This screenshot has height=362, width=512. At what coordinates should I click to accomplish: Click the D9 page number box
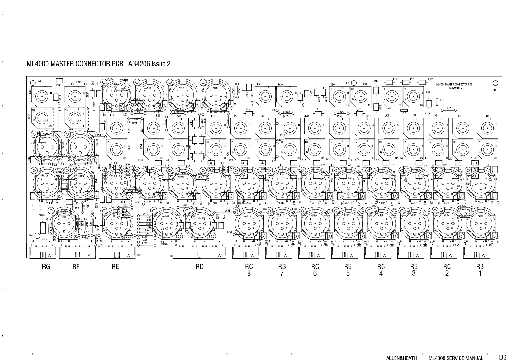click(503, 358)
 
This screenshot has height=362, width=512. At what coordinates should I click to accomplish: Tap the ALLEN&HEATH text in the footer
click(401, 358)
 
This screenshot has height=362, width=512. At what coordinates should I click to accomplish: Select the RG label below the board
click(46, 267)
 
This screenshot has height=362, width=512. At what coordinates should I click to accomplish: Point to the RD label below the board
click(199, 267)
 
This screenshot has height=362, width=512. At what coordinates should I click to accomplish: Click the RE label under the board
click(115, 267)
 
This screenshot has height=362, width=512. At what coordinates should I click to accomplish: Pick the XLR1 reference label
click(480, 215)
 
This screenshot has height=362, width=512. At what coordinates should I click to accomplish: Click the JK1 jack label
click(487, 116)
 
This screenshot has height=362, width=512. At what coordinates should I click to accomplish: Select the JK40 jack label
click(259, 84)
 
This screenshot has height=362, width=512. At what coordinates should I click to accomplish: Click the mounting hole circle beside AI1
click(495, 83)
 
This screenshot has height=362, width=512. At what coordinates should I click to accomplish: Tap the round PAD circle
click(38, 236)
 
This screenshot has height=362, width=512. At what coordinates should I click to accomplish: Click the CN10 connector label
click(138, 255)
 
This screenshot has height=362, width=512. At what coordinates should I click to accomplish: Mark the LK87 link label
click(448, 108)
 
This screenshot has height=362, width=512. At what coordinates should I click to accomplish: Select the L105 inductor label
click(58, 85)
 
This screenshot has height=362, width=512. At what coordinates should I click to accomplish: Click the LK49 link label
click(79, 82)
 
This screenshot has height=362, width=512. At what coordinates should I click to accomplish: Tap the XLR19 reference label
click(248, 216)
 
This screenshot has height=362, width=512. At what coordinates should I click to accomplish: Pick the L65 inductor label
click(318, 110)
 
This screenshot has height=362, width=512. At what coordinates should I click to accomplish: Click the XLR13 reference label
click(148, 88)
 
